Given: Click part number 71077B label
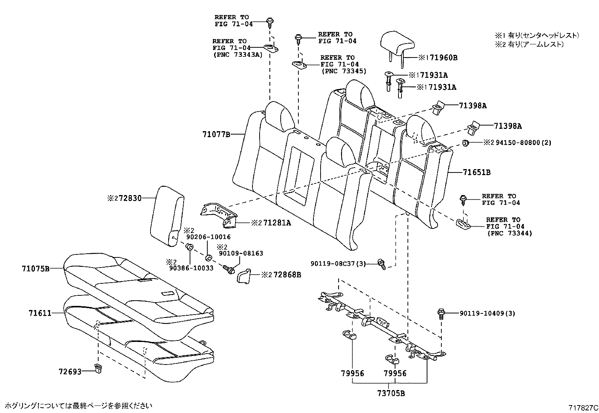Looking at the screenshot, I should (x=216, y=134).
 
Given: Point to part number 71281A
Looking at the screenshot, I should (x=277, y=223).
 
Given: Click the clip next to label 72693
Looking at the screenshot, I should (x=99, y=368).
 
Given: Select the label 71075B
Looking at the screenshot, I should (x=36, y=268).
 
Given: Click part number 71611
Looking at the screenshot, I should (x=40, y=313).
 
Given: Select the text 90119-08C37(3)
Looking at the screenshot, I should (x=338, y=264).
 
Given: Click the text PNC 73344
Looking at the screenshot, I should (x=509, y=233).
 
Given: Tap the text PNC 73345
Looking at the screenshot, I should (x=344, y=71).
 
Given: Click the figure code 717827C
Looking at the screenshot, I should (x=583, y=407).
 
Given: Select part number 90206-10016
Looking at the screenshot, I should (x=208, y=237).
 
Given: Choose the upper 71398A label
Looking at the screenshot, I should (x=473, y=106).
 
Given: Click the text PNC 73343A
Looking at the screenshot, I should (x=237, y=54).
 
